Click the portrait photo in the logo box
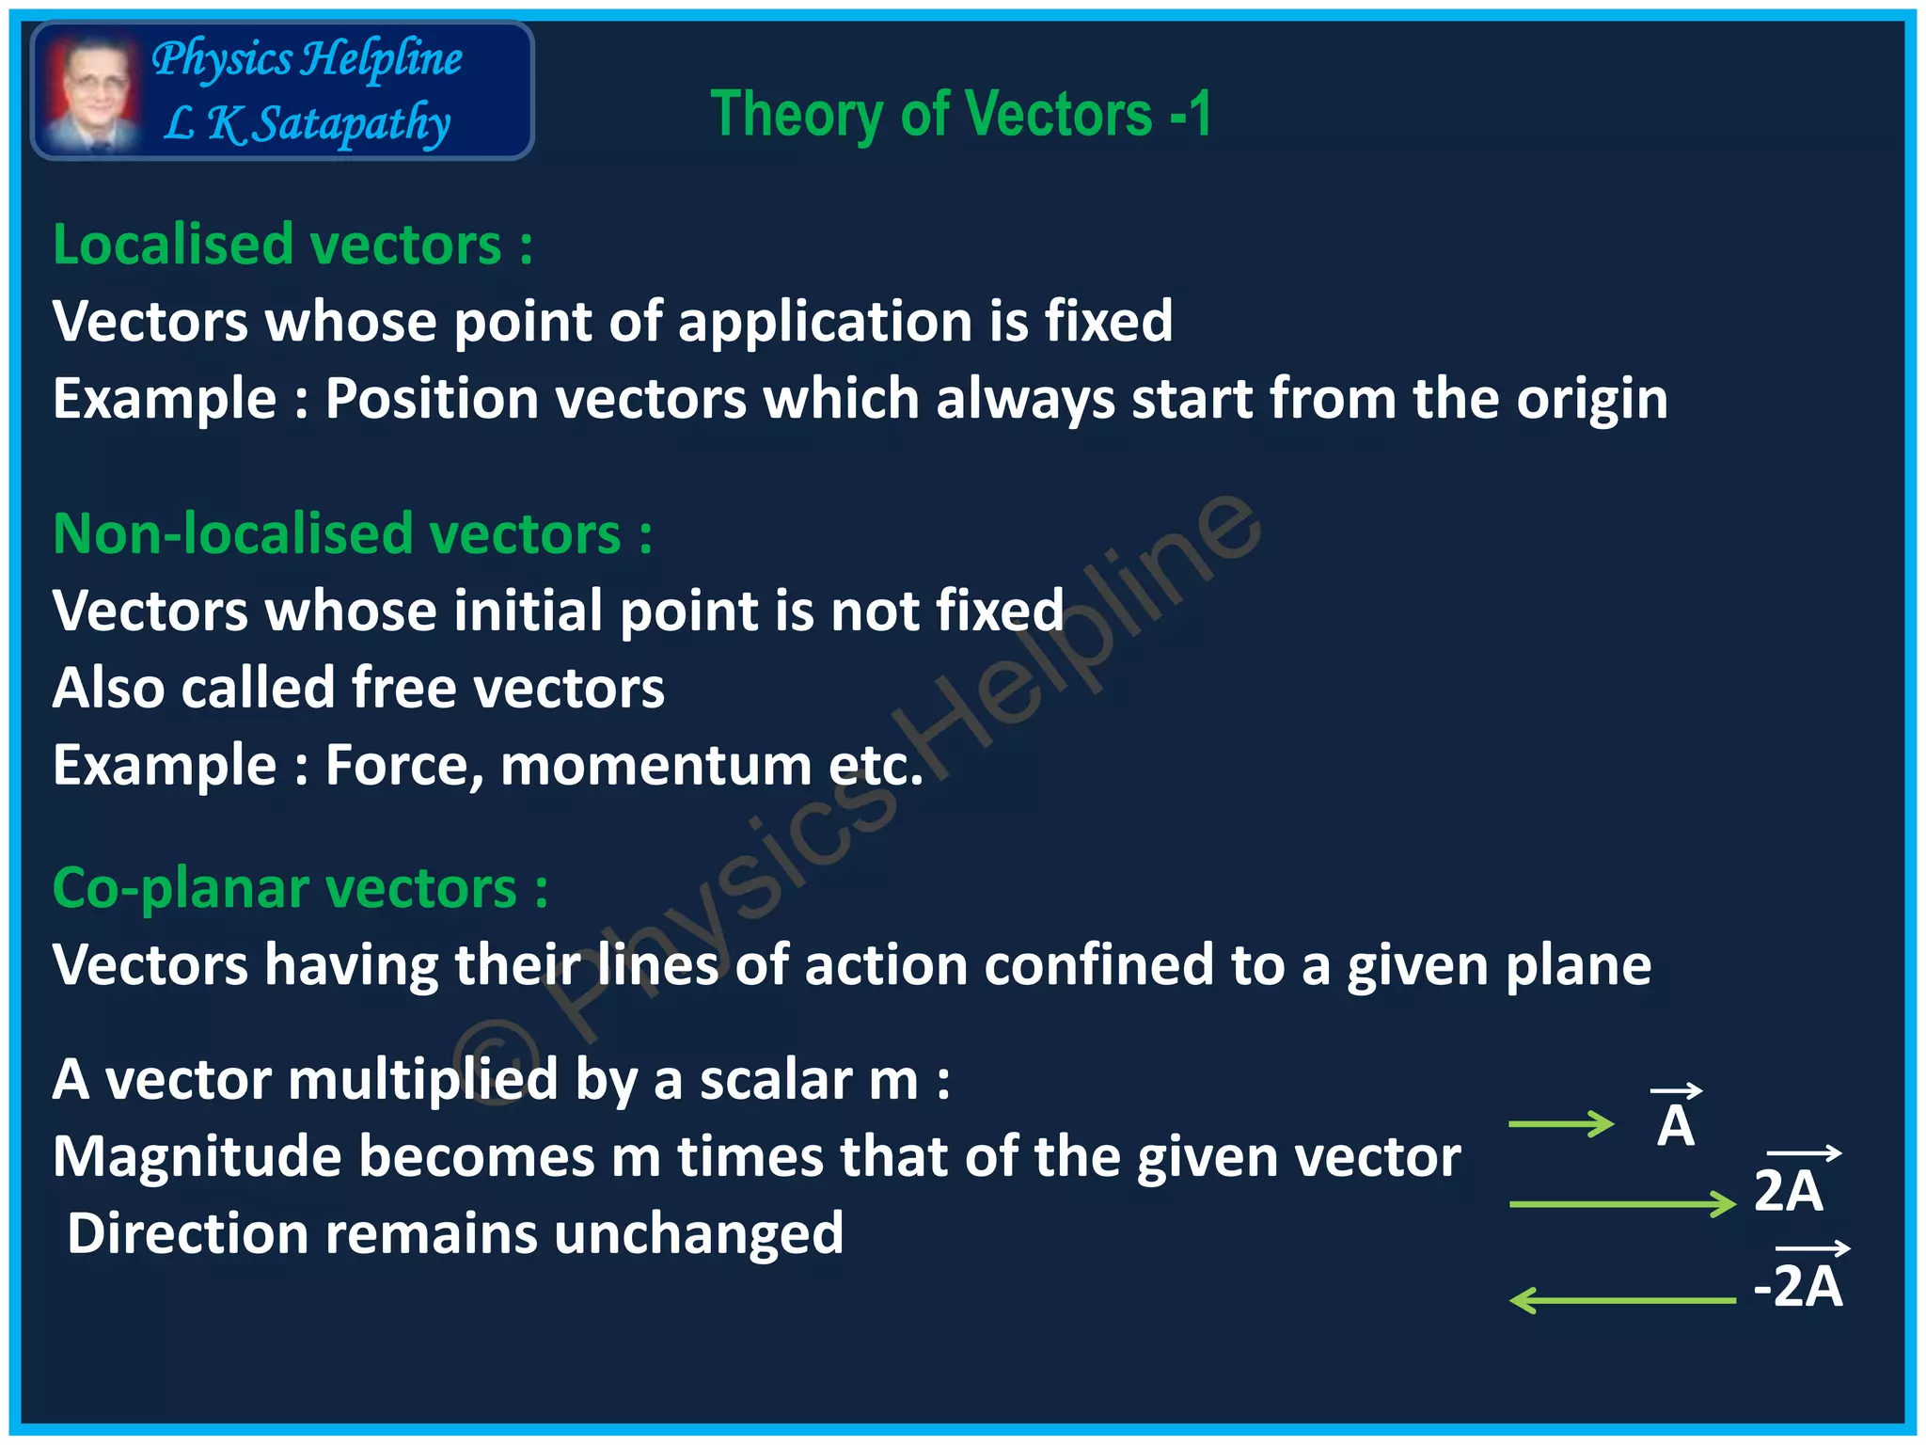[x=91, y=91]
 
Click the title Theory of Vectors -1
[x=960, y=114]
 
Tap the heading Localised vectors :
[x=292, y=245]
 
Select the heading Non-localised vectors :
[x=352, y=533]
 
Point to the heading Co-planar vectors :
[x=299, y=887]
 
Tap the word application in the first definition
[x=825, y=322]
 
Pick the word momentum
[x=655, y=765]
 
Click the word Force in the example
[x=403, y=765]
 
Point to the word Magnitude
[x=197, y=1156]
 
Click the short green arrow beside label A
[x=1560, y=1124]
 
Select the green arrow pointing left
[x=1622, y=1300]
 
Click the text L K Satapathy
[x=307, y=123]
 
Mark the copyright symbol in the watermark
[x=497, y=1063]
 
